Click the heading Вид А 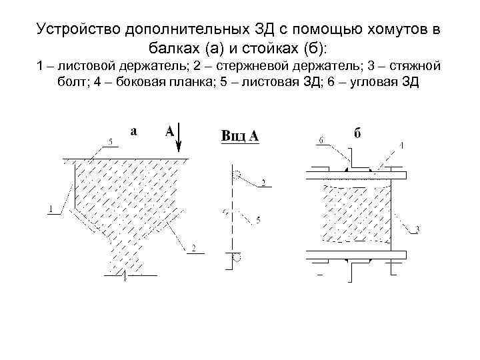click(x=239, y=137)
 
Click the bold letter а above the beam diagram click(x=134, y=131)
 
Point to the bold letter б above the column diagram click(x=357, y=133)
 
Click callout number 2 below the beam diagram click(x=193, y=248)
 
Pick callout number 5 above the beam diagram click(x=111, y=141)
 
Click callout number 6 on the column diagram click(x=321, y=140)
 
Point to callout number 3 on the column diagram click(x=417, y=230)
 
